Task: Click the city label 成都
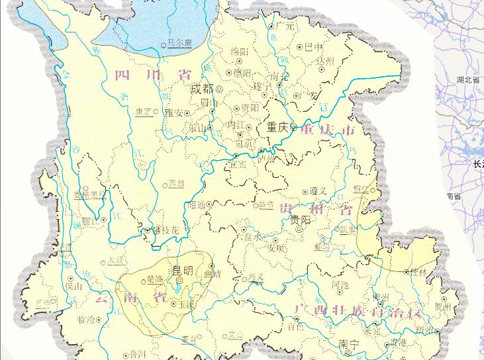coord(201,89)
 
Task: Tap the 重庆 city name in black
coord(278,127)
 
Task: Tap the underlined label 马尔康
coord(177,42)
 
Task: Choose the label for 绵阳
coord(240,51)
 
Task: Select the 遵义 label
coord(320,190)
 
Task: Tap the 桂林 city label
coord(419,272)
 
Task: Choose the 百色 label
coord(295,326)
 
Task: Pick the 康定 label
coord(144,111)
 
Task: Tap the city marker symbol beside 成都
coord(219,89)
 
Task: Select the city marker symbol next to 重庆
coord(294,128)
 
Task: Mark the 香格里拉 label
coord(89,195)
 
